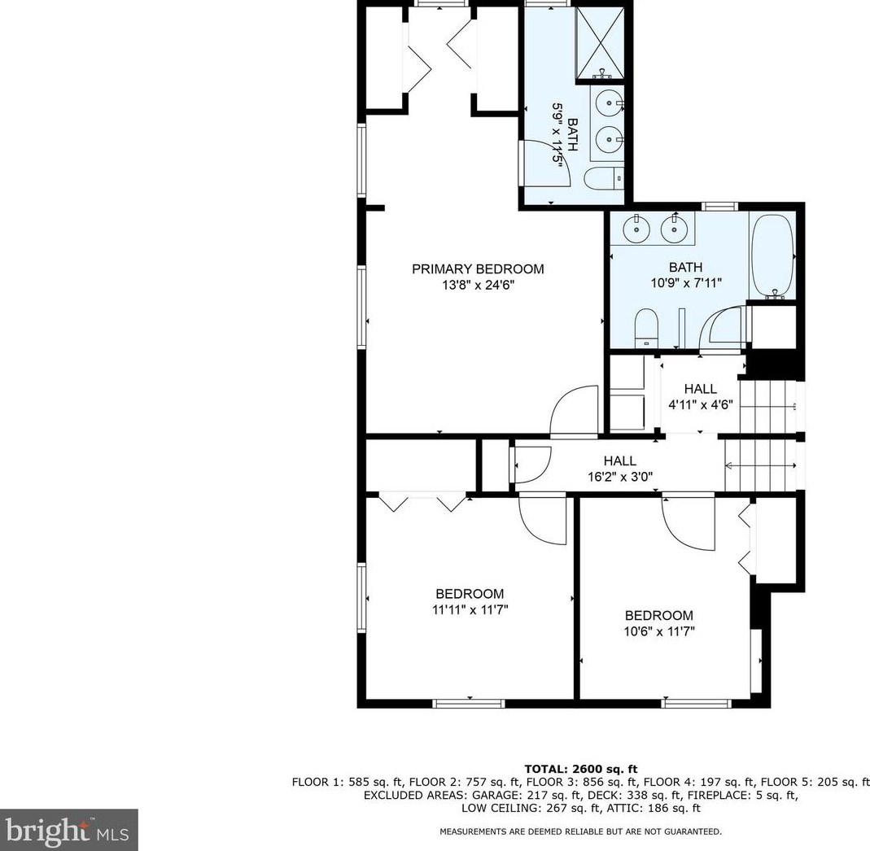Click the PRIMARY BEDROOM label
pos(478,269)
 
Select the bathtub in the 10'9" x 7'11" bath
pos(772,255)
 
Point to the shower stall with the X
pos(601,43)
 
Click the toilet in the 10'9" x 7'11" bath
pos(646,328)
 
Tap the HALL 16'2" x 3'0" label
pos(620,469)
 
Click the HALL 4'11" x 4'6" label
pos(700,397)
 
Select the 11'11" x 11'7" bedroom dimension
pos(470,609)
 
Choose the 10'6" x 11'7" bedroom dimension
pos(659,631)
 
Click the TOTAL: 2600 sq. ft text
pos(581,769)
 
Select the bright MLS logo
pos(69,830)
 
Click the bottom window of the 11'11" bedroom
pos(469,704)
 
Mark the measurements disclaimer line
pos(580,831)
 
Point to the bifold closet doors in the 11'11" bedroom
pos(422,501)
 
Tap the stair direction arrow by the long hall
pos(760,465)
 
